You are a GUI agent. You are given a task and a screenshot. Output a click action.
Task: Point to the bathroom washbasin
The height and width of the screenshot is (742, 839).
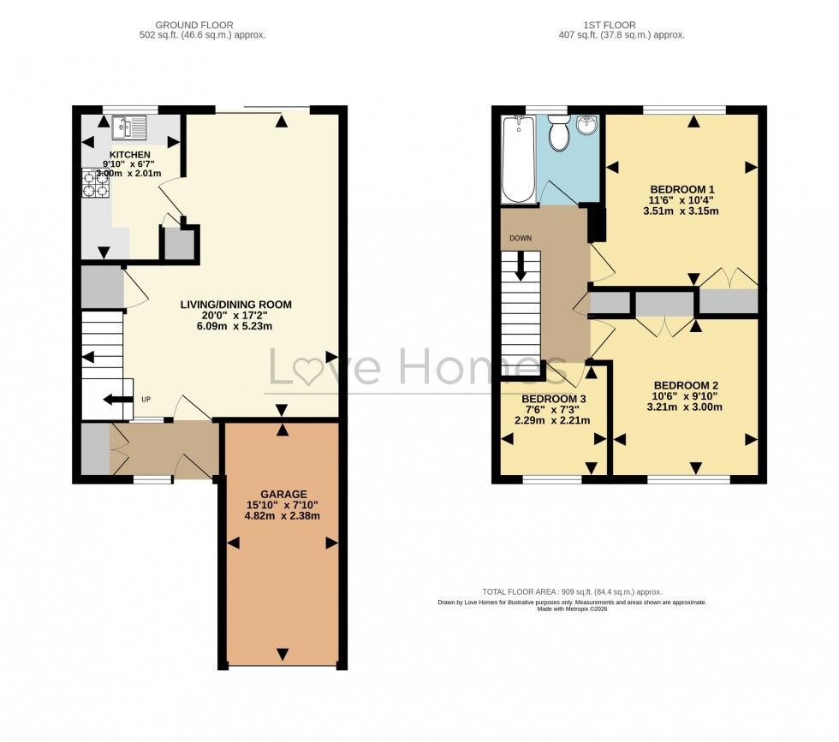tap(586, 126)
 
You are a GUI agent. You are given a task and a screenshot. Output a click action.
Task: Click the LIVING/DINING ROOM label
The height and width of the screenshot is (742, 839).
tap(235, 304)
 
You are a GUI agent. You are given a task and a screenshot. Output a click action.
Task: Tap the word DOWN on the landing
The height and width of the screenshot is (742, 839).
tap(521, 238)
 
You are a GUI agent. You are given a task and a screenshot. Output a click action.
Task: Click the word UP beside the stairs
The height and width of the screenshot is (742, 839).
tap(146, 400)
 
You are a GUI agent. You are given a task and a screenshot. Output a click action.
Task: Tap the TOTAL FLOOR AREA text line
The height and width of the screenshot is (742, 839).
tap(572, 592)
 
